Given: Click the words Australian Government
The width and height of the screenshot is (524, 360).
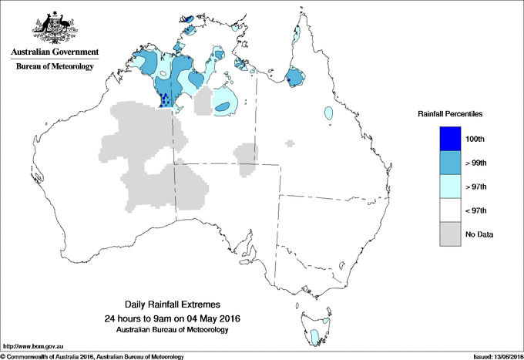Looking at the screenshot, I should pos(54,52).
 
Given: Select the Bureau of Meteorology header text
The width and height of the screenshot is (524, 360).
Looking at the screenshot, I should pos(54,66).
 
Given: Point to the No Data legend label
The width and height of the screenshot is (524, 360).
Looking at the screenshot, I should pos(479,234).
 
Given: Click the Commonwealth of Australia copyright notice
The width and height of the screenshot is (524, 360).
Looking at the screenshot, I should pos(92,356).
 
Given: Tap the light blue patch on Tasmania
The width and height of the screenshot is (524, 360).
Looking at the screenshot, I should pos(314,336).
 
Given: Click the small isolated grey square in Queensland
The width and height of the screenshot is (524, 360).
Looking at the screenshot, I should pos(290,143).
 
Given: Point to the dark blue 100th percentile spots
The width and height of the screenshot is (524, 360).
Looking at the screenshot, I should pos(165,99).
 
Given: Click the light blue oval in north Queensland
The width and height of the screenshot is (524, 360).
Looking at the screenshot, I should pos(329,113).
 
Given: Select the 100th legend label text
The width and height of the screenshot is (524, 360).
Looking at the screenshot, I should pos(475,138).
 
